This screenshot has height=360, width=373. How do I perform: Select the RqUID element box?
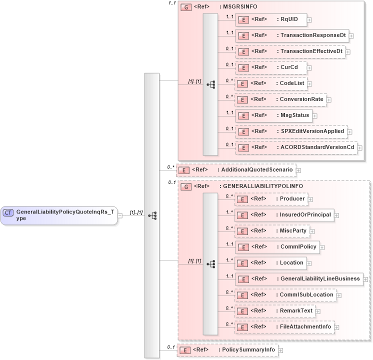(270, 19)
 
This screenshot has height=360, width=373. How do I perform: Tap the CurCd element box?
(270, 67)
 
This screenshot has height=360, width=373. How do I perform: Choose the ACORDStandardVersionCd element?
(295, 147)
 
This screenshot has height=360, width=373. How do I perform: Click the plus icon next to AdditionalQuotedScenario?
(298, 170)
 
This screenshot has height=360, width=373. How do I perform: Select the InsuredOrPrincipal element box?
(284, 215)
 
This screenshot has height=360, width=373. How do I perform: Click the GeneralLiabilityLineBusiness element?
(298, 279)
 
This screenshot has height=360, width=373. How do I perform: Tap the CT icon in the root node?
(8, 212)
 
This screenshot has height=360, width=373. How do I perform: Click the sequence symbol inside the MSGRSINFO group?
(210, 84)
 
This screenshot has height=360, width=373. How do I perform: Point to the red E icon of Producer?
(242, 199)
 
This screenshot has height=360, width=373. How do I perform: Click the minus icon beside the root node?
(120, 215)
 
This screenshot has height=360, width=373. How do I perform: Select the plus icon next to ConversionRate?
(328, 99)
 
